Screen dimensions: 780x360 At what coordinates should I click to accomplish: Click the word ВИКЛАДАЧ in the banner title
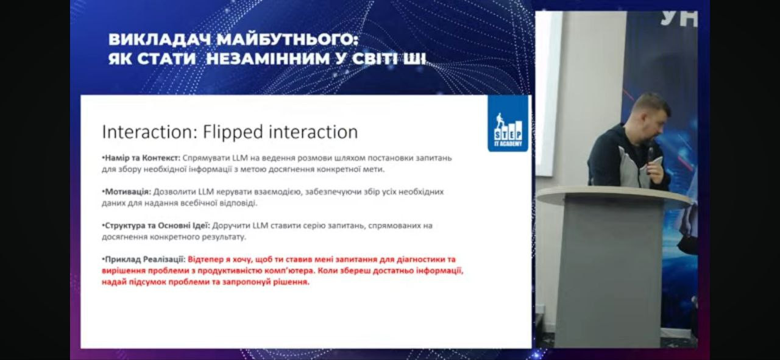click(x=160, y=40)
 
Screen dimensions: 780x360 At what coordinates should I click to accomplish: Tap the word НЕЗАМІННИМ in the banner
click(x=268, y=58)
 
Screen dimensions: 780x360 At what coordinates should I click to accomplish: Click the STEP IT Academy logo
click(x=508, y=124)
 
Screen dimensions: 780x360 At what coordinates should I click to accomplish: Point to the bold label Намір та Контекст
click(x=141, y=158)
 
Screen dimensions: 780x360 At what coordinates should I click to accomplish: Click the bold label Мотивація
click(x=127, y=192)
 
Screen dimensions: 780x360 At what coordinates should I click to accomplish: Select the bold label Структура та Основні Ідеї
click(x=156, y=225)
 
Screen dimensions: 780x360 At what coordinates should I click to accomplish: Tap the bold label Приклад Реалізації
click(x=143, y=259)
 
